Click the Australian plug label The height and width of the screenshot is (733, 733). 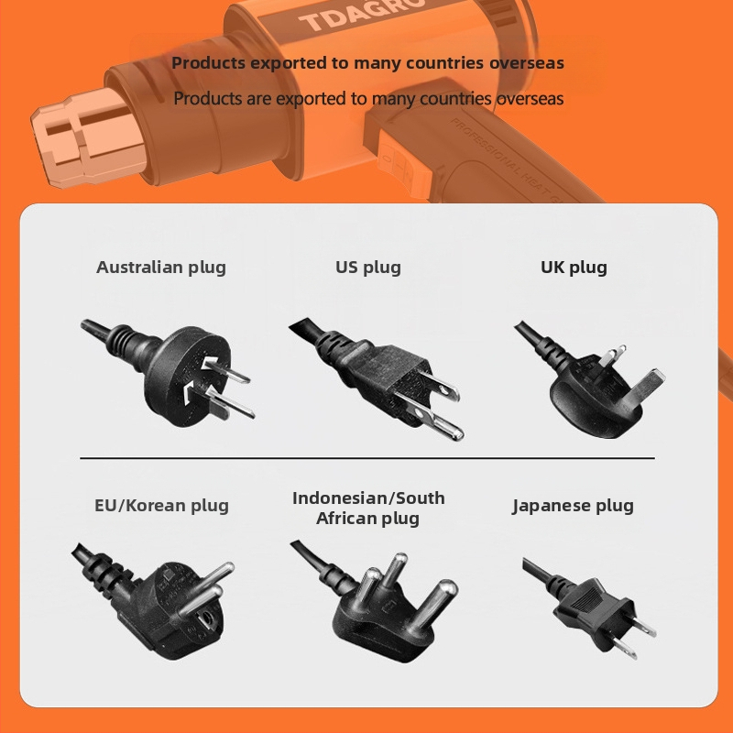point(161,268)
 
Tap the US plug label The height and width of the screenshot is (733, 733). point(368,268)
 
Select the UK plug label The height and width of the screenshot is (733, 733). point(574,268)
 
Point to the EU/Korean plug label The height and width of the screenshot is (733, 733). point(162,506)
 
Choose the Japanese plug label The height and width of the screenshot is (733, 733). point(574,506)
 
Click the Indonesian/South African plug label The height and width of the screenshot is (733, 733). point(368,509)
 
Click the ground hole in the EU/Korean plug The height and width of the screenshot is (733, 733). point(204,622)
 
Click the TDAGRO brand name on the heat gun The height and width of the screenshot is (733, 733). point(363,14)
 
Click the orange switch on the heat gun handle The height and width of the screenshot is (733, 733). point(403,165)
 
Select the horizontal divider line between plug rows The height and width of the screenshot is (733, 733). point(367,459)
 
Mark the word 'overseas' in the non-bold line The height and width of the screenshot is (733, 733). point(530,99)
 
